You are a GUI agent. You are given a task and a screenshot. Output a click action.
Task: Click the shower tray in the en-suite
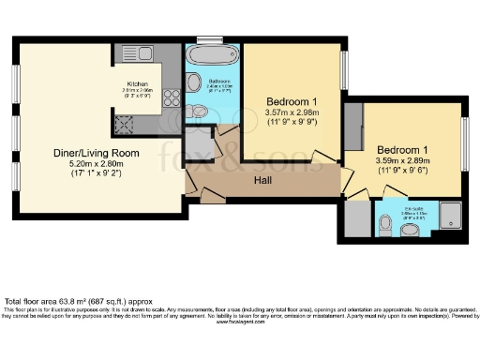coord(452,216)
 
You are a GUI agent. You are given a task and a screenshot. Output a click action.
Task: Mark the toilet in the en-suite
coord(387,224)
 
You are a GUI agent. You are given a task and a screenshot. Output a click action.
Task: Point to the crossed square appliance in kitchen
coord(123,123)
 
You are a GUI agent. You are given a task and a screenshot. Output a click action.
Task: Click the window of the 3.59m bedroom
coord(466,144)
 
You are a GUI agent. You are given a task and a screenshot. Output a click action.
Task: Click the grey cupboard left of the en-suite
coord(357,218)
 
